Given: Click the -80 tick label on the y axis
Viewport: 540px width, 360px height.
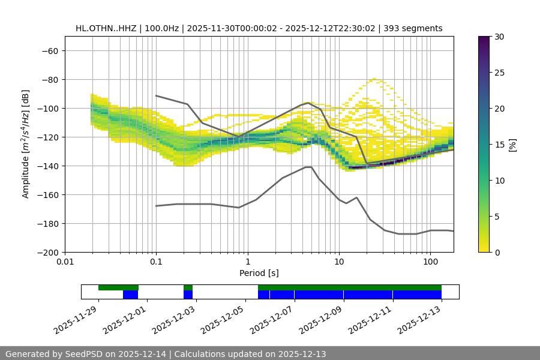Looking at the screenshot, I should [x=49, y=80].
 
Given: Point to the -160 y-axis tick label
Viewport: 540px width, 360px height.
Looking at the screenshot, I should [x=47, y=195].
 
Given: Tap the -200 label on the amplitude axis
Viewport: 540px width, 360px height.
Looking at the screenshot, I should [x=47, y=253].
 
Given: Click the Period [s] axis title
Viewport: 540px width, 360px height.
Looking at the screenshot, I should [x=259, y=273].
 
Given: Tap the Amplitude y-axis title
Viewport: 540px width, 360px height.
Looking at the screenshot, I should [x=26, y=144].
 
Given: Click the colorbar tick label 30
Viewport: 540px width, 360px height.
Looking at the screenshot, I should [x=499, y=37].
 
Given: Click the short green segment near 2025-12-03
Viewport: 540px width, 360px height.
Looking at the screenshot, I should [x=188, y=287].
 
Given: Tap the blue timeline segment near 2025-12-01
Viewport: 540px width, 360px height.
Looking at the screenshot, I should [x=130, y=295].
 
